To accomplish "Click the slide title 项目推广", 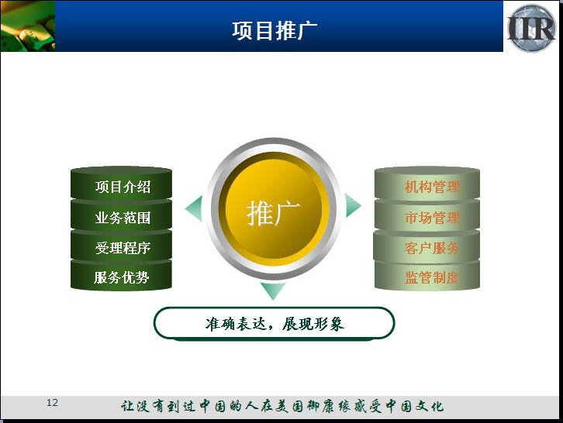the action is (275, 30).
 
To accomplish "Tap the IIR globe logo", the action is (531, 28).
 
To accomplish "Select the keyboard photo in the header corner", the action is (28, 26).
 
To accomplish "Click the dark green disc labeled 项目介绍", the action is (121, 184).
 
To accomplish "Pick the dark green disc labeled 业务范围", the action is (121, 216).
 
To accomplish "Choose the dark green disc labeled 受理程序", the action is (121, 246).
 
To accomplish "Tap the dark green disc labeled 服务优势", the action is (121, 276).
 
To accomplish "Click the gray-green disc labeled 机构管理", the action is (427, 184).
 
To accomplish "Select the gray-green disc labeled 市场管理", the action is (427, 216).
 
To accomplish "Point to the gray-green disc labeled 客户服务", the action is (427, 246).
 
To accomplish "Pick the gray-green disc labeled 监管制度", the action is (427, 276).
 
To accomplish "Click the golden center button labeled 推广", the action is (274, 209).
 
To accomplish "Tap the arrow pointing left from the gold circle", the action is (195, 208).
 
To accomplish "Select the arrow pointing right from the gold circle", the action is (352, 206).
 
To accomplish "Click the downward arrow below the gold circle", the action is (273, 291).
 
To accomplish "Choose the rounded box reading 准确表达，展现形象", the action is (275, 323).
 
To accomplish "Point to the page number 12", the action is (52, 403).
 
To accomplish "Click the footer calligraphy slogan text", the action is (282, 406).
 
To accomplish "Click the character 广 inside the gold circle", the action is (287, 214).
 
